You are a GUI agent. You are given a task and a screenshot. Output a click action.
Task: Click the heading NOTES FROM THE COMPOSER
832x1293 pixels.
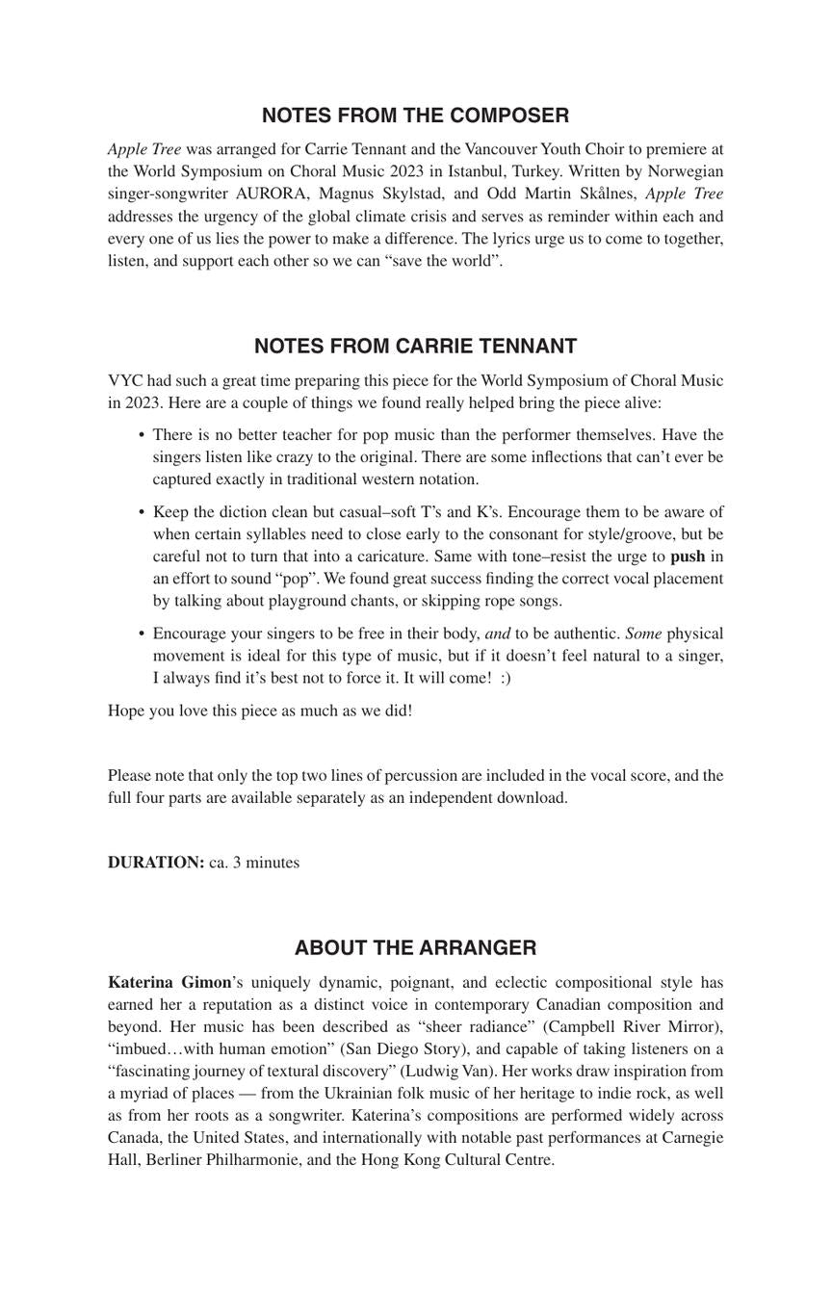point(415,116)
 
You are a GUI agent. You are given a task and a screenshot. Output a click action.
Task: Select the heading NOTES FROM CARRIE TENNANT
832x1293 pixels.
point(415,347)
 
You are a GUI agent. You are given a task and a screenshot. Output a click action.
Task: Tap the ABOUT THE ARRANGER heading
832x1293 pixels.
point(415,948)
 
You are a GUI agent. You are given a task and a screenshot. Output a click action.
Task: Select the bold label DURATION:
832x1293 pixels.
point(156,863)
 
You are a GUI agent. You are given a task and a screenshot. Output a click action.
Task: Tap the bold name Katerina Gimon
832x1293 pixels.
point(169,983)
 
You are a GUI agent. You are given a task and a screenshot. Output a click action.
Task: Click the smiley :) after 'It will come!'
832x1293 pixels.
point(506,678)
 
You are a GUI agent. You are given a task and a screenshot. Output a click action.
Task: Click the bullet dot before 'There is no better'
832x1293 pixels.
point(142,435)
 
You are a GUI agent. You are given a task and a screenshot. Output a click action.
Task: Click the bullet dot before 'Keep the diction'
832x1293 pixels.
point(142,512)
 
